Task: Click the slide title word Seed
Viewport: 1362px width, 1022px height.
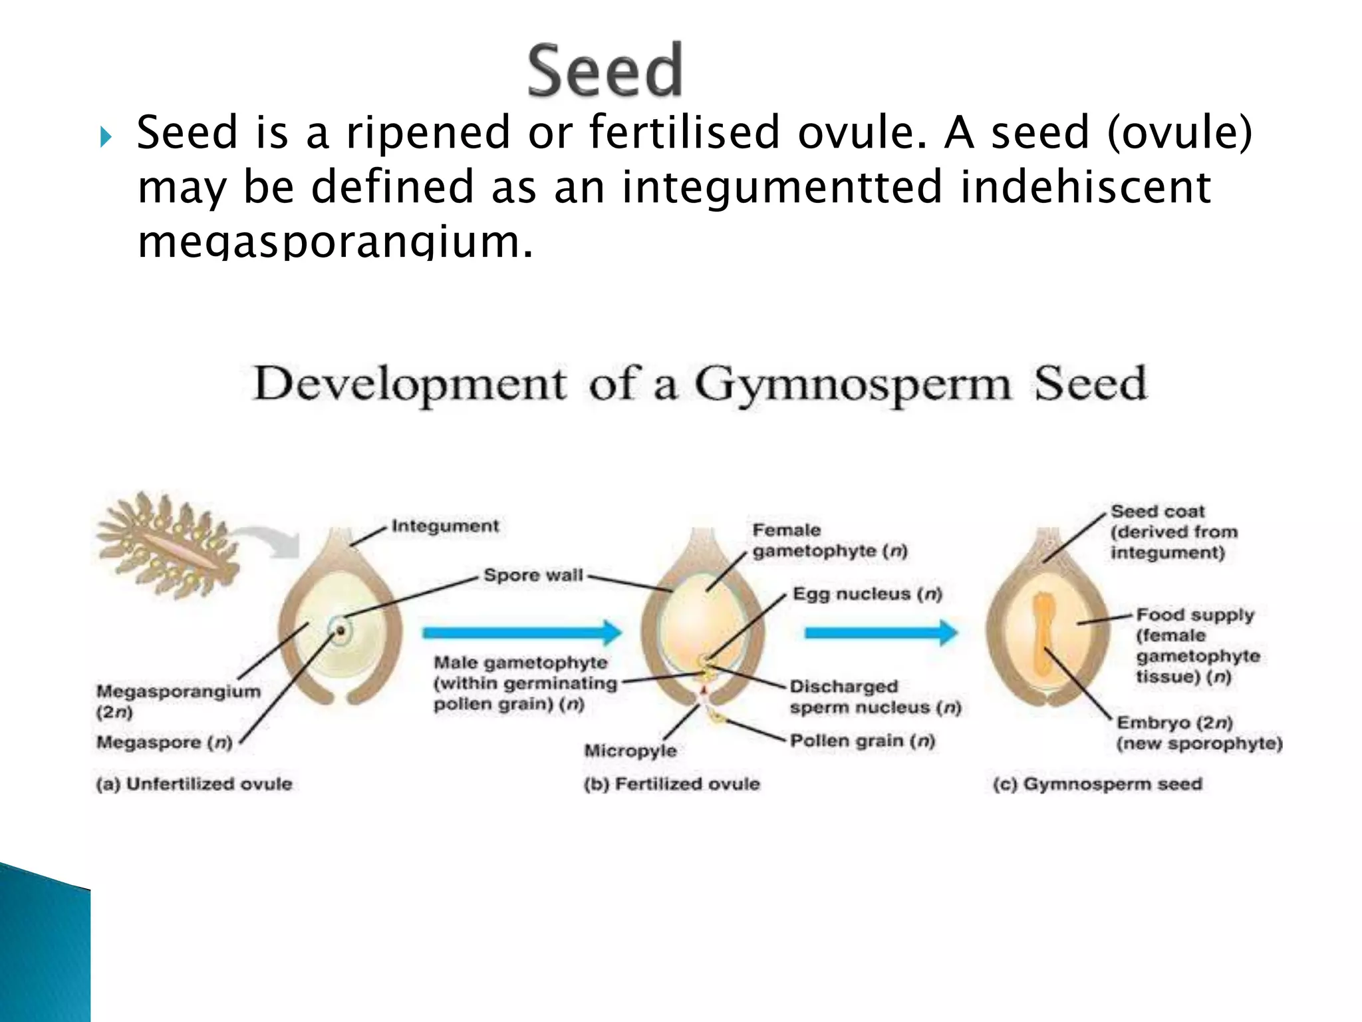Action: pos(605,71)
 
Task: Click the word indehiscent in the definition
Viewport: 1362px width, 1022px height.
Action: pos(1085,186)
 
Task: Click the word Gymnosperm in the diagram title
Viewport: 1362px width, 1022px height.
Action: pos(853,385)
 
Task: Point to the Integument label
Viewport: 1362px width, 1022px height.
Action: pos(445,526)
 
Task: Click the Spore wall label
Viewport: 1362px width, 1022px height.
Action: pos(533,575)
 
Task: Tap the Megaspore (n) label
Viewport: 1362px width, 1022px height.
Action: pos(164,742)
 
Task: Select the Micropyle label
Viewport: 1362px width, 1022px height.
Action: pos(630,751)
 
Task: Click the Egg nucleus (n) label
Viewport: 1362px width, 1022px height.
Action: pos(867,594)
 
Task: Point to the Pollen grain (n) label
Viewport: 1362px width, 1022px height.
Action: pos(862,741)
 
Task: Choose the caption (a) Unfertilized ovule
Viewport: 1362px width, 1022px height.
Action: pos(194,784)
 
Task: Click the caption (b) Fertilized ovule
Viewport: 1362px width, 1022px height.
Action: pos(672,784)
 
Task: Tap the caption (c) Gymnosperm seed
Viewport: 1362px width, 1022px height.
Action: pos(1097,784)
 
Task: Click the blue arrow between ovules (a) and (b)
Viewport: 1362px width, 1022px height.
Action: pos(521,632)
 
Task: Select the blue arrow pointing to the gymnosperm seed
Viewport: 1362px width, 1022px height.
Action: pos(881,632)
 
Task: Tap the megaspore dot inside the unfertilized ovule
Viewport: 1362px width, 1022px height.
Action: pos(340,629)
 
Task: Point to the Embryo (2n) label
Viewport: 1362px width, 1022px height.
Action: pos(1174,723)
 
